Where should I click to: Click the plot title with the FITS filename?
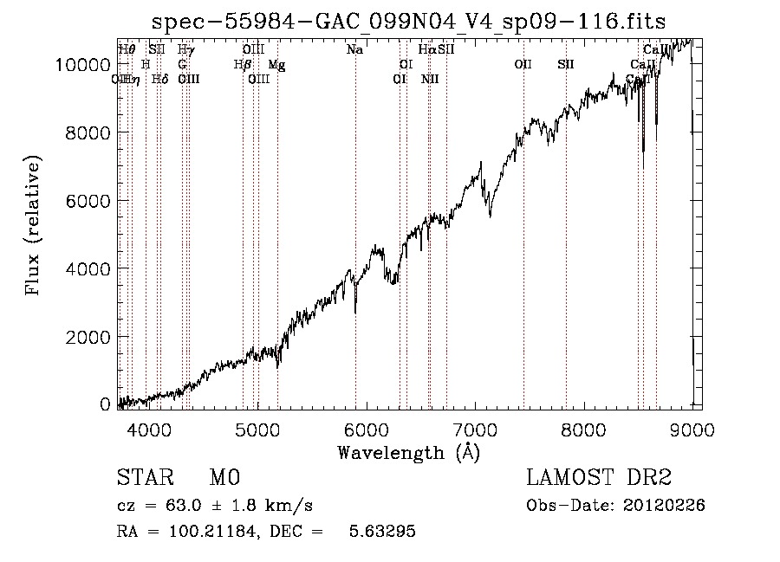pyautogui.click(x=408, y=21)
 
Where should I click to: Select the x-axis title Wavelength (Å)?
pyautogui.click(x=408, y=452)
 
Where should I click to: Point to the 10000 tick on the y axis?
pyautogui.click(x=85, y=65)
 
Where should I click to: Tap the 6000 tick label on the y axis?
pyautogui.click(x=90, y=201)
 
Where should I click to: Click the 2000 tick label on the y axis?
pyautogui.click(x=90, y=337)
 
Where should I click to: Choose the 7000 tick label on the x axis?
pyautogui.click(x=475, y=429)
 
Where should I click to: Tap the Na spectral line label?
pyautogui.click(x=354, y=50)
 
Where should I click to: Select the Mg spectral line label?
pyautogui.click(x=276, y=65)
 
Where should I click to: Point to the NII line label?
pyautogui.click(x=430, y=80)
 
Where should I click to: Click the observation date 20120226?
pyautogui.click(x=665, y=506)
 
